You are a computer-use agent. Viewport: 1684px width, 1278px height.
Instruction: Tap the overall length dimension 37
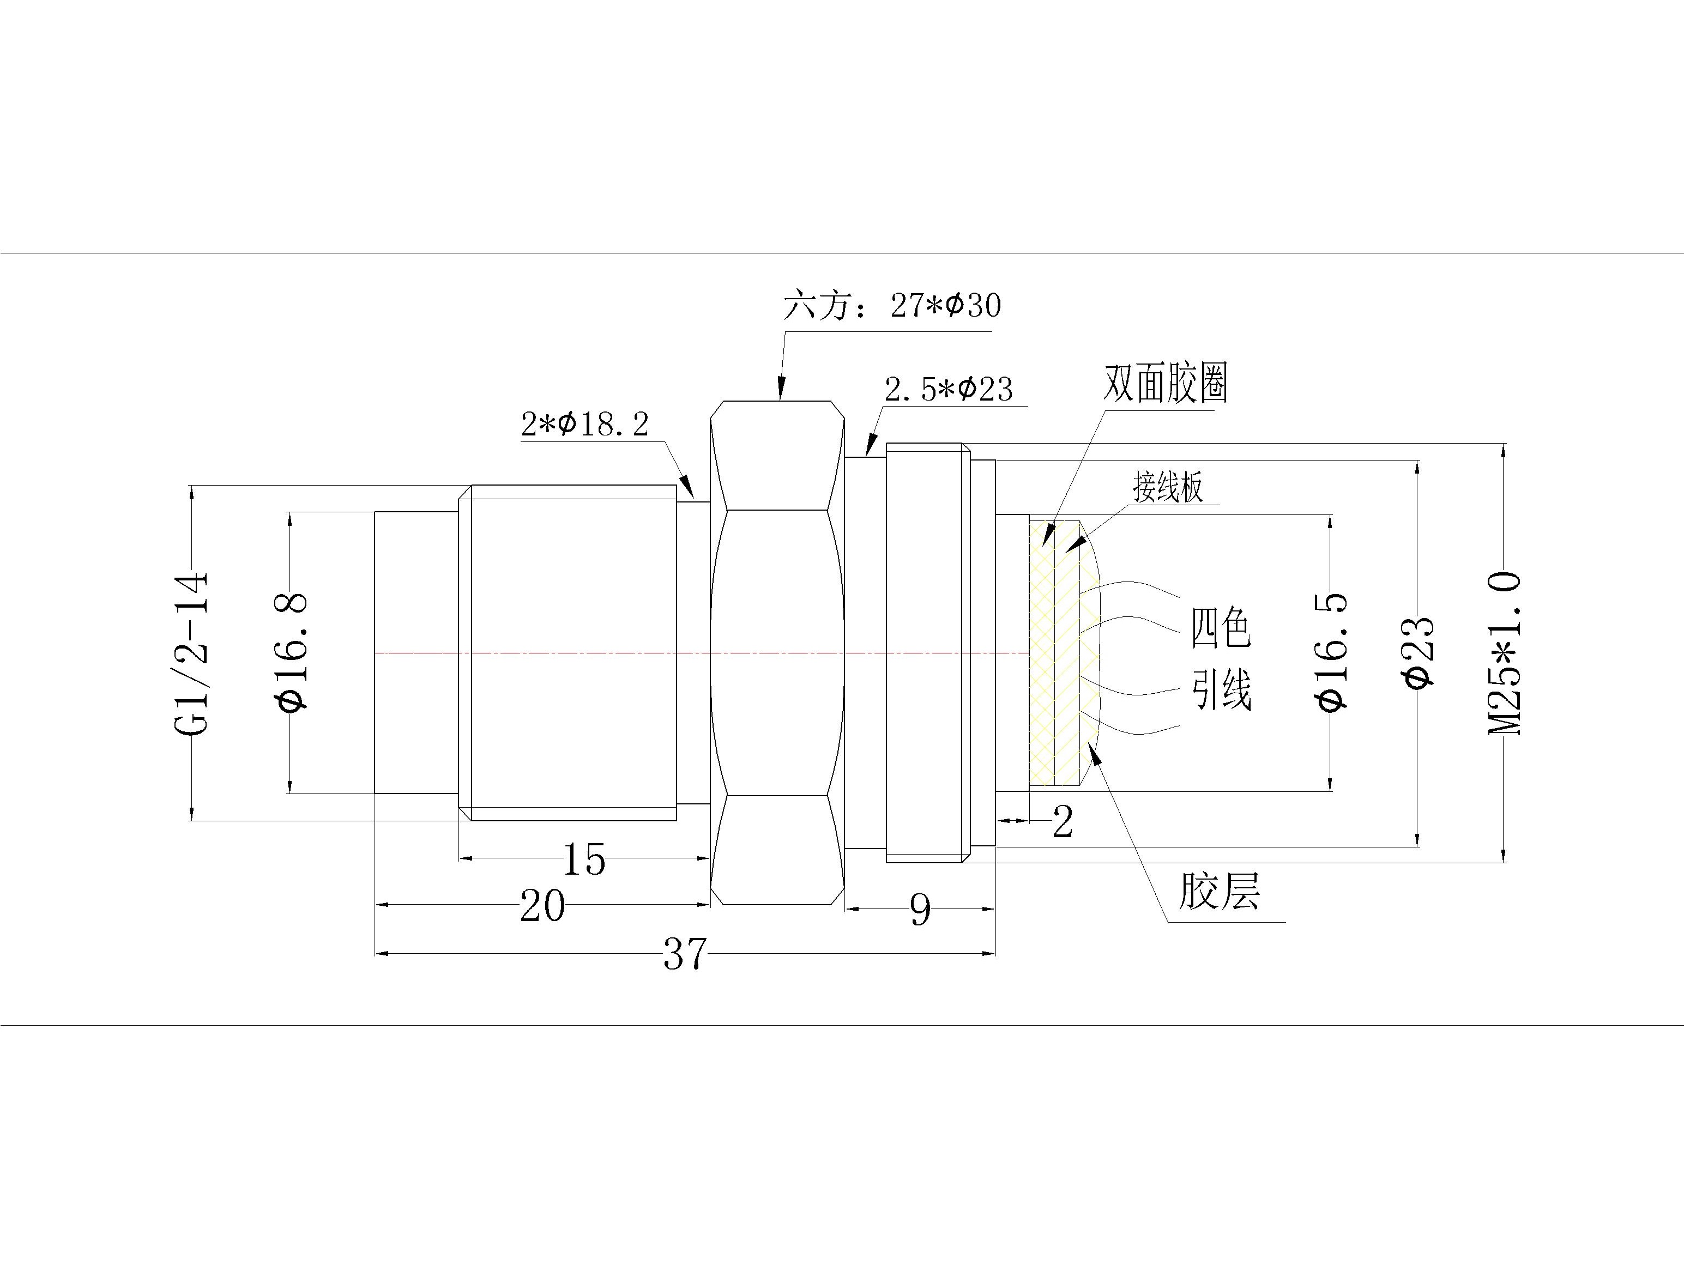pos(685,954)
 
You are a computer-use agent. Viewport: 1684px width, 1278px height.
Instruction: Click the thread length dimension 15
pos(584,859)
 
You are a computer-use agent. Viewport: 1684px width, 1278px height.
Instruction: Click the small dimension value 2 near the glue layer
pos(1062,822)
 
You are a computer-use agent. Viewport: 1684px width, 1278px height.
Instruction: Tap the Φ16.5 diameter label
pos(1331,652)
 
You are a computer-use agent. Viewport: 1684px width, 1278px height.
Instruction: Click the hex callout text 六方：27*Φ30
pos(892,306)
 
